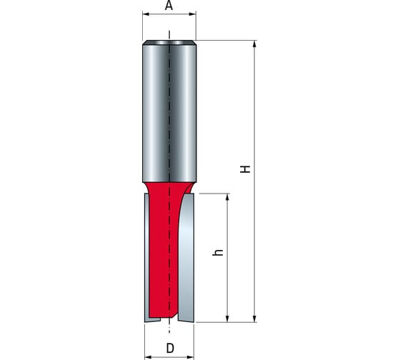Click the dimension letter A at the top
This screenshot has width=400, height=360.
pos(169,6)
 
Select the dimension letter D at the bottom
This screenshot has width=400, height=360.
pos(169,349)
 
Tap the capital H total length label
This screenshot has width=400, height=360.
pos(245,170)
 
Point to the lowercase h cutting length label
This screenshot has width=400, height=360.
pos(219,252)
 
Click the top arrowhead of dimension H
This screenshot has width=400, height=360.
pos(254,44)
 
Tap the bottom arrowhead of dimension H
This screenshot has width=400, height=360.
pos(254,318)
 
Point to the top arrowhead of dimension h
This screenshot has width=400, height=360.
pos(227,197)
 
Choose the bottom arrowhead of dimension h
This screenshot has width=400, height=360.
pos(227,318)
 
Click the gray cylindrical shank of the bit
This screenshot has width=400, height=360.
pos(169,114)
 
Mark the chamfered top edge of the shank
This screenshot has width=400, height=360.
pos(169,43)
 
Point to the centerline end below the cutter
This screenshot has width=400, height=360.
pos(169,330)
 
